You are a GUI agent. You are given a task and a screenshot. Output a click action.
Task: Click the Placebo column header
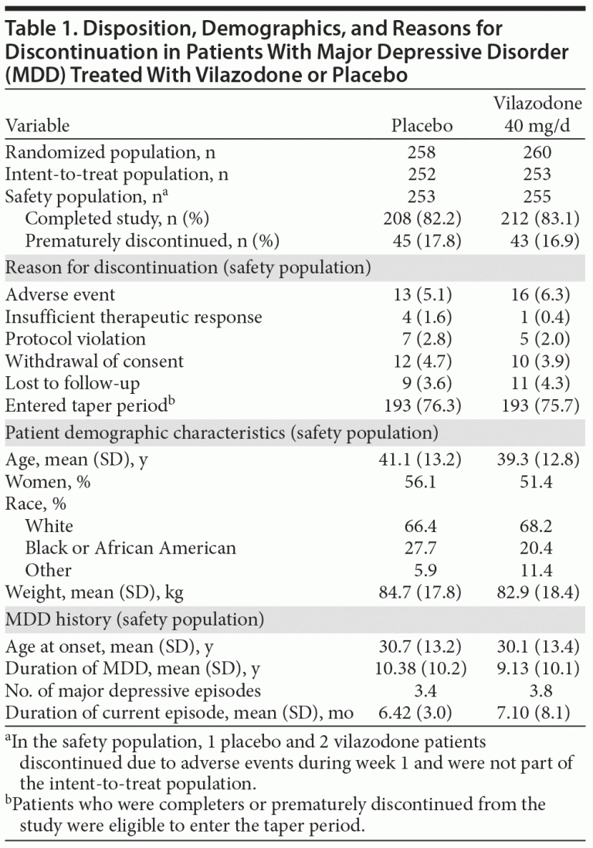coord(422,126)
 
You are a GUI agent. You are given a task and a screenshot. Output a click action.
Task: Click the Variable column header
coord(37,126)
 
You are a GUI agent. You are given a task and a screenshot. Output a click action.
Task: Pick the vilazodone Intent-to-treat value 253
coord(537,175)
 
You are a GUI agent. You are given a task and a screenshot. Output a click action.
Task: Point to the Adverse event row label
coord(60,294)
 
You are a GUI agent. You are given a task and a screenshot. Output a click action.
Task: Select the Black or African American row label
coord(130,548)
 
